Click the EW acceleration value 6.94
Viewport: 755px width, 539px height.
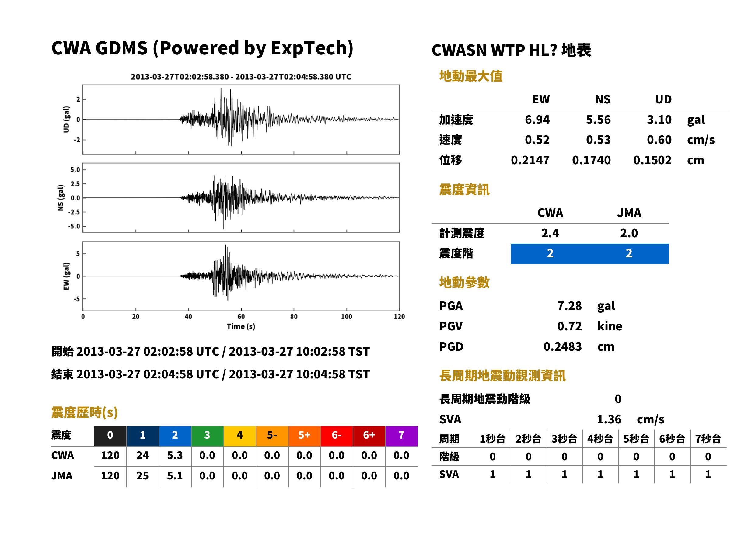(x=537, y=120)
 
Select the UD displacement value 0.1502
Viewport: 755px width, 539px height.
(x=652, y=160)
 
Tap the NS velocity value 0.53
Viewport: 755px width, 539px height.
(x=598, y=140)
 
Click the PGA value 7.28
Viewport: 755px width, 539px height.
(x=569, y=306)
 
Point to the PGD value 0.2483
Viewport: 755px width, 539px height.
(x=562, y=346)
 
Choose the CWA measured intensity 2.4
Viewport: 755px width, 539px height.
(x=550, y=233)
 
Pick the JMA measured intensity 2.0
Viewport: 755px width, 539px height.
(x=629, y=233)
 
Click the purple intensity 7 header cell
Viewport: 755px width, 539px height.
(x=401, y=436)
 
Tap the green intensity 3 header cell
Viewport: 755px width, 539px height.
(x=207, y=436)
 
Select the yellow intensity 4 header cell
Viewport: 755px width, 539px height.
(x=240, y=436)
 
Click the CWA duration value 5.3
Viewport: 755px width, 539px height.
(x=175, y=455)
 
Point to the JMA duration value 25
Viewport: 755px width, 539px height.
(x=142, y=476)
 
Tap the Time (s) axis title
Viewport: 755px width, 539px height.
(x=241, y=327)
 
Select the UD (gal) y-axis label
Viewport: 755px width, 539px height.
(x=66, y=120)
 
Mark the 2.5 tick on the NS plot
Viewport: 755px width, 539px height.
(x=75, y=183)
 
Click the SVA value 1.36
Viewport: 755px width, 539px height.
(x=609, y=419)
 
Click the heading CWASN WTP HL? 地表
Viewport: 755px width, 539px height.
(x=511, y=50)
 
